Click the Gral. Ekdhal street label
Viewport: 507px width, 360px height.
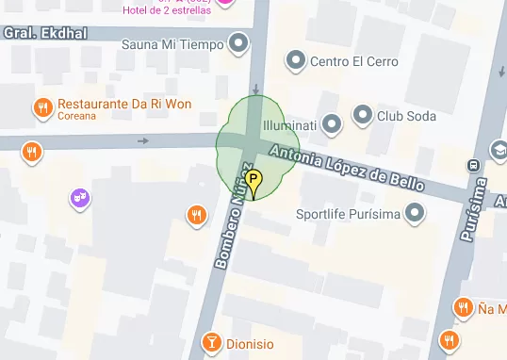click(45, 33)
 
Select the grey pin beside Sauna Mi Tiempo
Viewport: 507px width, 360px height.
click(239, 42)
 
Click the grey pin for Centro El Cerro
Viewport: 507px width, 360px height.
click(296, 61)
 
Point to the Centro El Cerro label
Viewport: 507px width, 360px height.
click(354, 62)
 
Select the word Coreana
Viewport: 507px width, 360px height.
click(77, 117)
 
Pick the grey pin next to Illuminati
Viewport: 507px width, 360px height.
click(331, 123)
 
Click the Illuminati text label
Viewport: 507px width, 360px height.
click(290, 124)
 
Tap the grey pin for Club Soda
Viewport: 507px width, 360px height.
click(363, 116)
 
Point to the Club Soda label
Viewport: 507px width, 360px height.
click(406, 116)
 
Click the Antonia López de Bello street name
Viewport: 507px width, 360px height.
click(347, 168)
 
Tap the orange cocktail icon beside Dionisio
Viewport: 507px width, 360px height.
click(212, 343)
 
